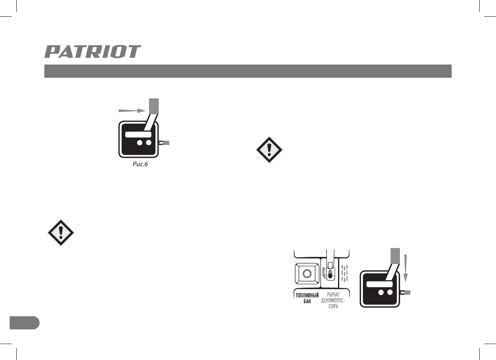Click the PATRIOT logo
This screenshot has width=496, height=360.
tap(93, 52)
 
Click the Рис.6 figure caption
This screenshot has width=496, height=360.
tap(139, 165)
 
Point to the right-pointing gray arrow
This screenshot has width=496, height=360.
tap(132, 111)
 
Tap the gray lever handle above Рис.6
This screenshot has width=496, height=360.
tap(154, 106)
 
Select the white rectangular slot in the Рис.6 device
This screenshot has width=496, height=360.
tap(138, 134)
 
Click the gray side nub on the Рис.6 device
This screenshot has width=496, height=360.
tap(165, 143)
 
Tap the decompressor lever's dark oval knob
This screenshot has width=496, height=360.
tap(330, 275)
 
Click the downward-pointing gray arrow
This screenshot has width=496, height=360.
tap(406, 268)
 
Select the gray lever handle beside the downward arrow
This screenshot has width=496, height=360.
tap(395, 255)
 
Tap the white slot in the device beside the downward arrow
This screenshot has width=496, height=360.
tap(379, 284)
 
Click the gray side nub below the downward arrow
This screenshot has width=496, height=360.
tap(407, 292)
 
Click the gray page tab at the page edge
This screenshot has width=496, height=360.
tap(24, 323)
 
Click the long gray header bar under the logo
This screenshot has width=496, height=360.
tap(248, 71)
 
